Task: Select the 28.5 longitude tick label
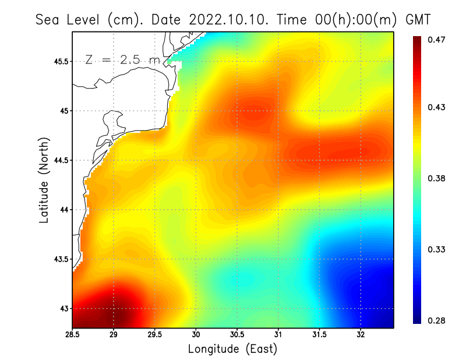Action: pos(73,335)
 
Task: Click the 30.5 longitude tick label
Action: pos(237,335)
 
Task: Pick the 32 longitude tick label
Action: pos(361,335)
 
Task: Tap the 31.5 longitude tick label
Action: pos(319,335)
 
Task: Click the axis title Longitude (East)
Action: pos(232,349)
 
